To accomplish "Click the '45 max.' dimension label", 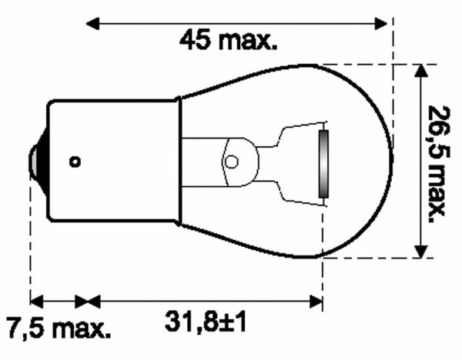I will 228,39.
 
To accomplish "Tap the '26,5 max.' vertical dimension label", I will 437,161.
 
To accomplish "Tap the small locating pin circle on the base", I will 75,162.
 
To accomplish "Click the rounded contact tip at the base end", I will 35,161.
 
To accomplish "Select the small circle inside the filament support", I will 232,162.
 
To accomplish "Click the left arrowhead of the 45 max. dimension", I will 92,23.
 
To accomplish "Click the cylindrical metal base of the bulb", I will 112,162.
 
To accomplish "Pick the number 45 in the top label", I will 195,39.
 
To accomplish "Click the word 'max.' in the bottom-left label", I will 82,329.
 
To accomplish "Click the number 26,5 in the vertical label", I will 437,132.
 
